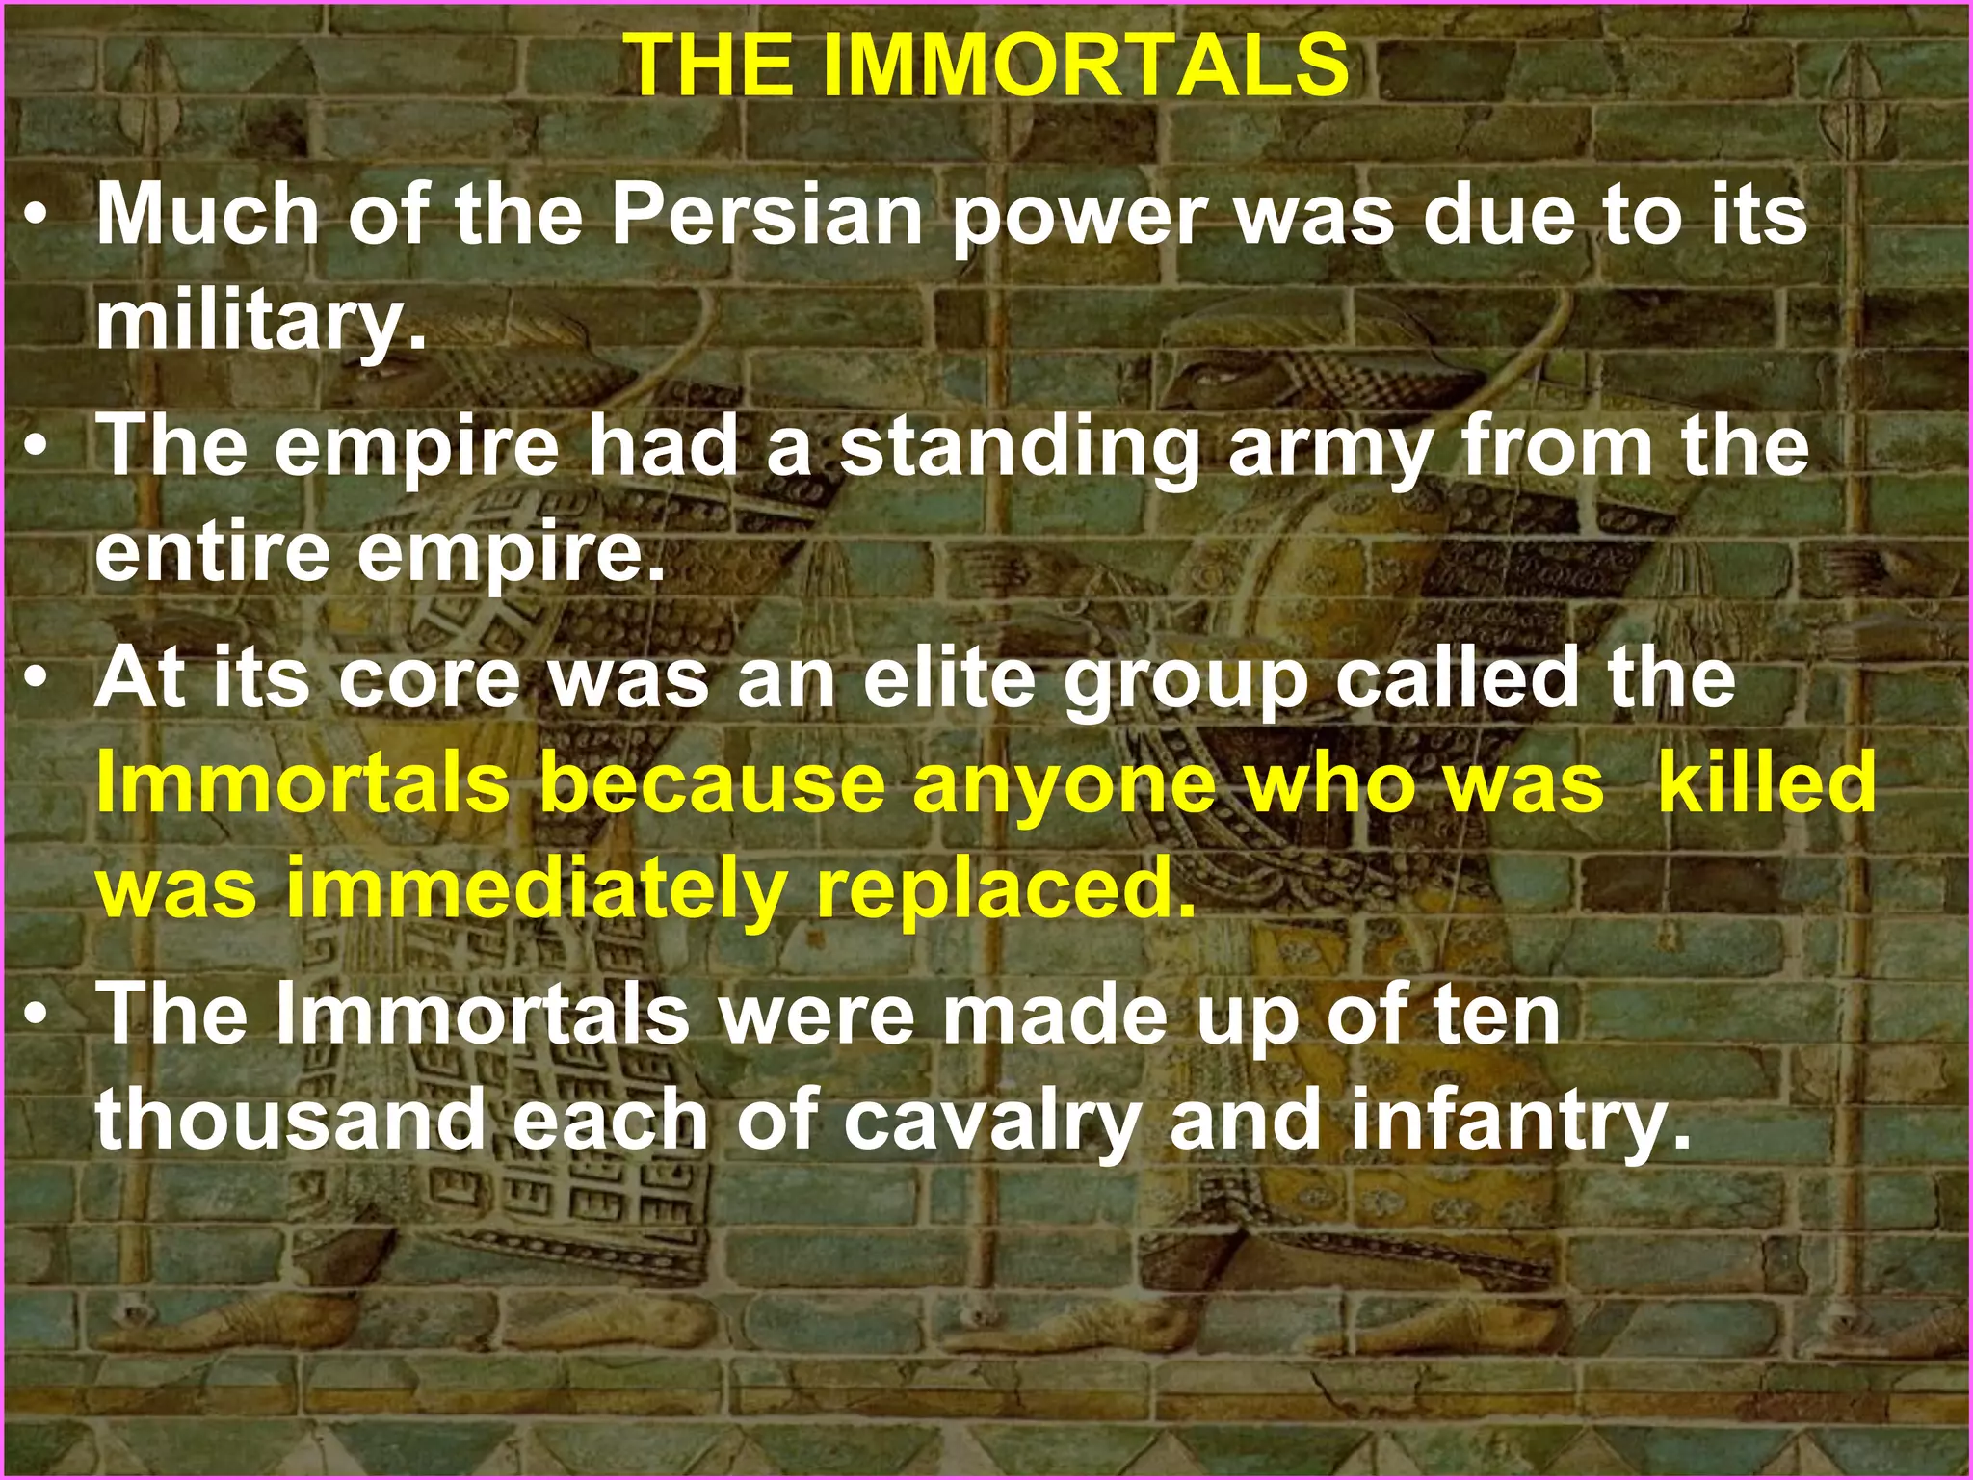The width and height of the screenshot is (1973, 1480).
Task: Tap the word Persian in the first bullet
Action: coord(767,215)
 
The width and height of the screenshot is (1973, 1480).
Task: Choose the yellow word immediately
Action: coord(537,889)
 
